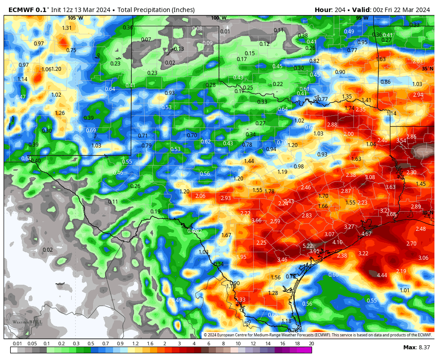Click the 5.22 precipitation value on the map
point(308,246)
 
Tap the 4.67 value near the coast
point(366,234)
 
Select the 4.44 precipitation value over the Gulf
point(381,275)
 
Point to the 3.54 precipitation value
point(401,141)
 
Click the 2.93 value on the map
point(226,198)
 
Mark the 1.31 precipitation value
point(67,28)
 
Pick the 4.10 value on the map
point(337,242)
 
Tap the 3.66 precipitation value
point(256,221)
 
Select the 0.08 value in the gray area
point(197,29)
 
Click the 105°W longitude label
point(75,18)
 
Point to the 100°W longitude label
point(219,18)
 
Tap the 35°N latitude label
point(427,68)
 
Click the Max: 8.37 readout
point(417,347)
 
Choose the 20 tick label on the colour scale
point(311,344)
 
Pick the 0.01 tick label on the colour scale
point(17,344)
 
